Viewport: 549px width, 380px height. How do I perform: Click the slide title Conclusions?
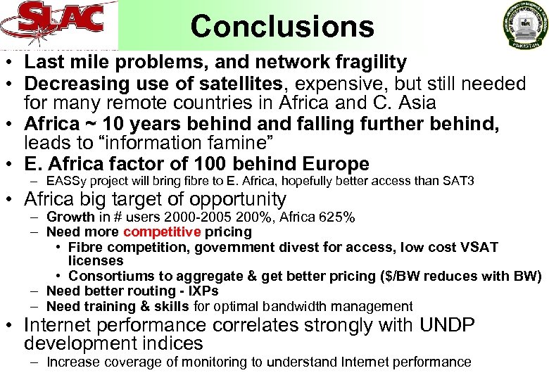282,26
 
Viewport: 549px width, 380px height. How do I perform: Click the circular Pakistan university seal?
524,25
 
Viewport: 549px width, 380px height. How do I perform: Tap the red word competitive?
162,232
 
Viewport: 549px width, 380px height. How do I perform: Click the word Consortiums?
112,276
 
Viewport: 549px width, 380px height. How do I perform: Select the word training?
103,306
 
